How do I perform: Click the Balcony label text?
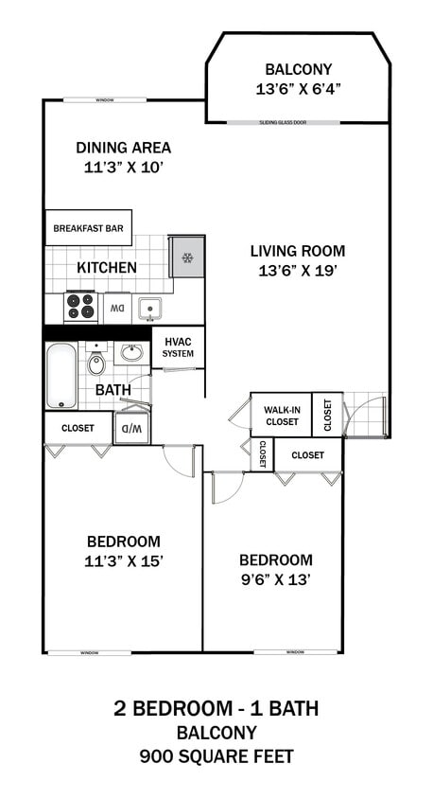(x=298, y=70)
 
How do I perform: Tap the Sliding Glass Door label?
(x=298, y=122)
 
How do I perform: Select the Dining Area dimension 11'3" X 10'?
(x=123, y=168)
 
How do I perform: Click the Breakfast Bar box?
(x=88, y=228)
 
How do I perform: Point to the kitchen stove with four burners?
(x=82, y=307)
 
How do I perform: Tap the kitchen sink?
(x=147, y=307)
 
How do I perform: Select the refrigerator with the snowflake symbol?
(x=187, y=257)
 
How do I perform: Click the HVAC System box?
(x=178, y=347)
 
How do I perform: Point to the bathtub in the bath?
(x=62, y=375)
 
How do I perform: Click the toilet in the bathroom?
(x=96, y=364)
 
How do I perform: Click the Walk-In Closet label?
(x=282, y=415)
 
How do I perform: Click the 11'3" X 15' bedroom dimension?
(x=123, y=560)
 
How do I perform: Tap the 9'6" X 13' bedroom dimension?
(x=275, y=578)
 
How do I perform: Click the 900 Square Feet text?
(x=216, y=756)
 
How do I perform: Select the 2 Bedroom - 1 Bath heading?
(x=216, y=708)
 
